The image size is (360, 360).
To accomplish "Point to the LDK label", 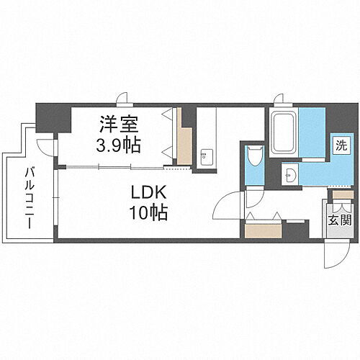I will [x=150, y=193].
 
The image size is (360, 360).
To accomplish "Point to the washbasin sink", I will [x=290, y=175].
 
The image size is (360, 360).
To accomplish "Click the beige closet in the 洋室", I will [x=185, y=145].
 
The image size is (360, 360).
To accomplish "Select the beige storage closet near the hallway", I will [x=257, y=230].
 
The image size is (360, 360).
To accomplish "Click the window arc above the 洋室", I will [x=124, y=101].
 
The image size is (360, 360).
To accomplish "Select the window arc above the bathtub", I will [x=279, y=101].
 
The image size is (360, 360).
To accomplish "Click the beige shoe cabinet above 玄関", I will [x=341, y=192].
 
